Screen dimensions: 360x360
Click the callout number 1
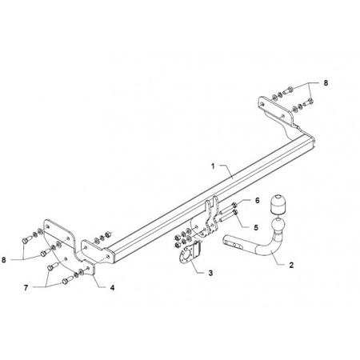pos(213,166)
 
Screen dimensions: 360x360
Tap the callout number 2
pos(291,265)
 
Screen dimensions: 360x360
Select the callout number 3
pos(210,273)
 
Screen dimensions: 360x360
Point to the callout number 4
pos(113,288)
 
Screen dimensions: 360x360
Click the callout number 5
pos(256,227)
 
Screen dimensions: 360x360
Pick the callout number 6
pos(257,200)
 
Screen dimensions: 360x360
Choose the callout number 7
pos(26,288)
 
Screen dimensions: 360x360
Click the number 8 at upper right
pos(326,83)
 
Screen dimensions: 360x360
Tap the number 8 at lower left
pos(4,260)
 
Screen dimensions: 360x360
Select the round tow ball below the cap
pos(278,226)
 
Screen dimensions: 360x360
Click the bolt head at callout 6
pos(234,205)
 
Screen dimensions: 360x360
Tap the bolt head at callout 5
pos(235,212)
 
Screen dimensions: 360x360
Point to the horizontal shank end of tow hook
pos(233,241)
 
